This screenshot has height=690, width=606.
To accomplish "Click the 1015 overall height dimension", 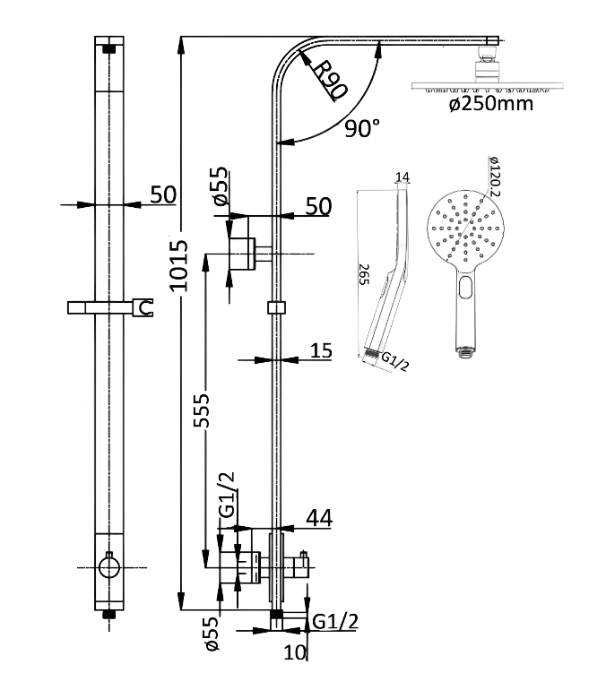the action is click(179, 265).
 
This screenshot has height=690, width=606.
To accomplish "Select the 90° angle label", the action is click(362, 128).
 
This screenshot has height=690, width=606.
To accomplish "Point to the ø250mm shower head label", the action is click(491, 104).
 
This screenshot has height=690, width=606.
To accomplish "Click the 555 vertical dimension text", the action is click(202, 410).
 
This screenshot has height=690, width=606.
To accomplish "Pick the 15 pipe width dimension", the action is click(321, 350).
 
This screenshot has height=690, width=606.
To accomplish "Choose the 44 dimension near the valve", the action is click(319, 518).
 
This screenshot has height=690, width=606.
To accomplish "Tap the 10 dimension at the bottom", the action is click(294, 652).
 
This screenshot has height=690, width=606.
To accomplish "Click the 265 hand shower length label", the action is click(364, 274).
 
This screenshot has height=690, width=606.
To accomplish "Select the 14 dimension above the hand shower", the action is click(403, 177).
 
